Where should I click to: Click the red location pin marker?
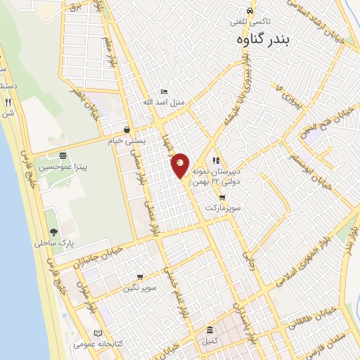click(x=181, y=165)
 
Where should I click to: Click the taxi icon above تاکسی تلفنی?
click(x=251, y=12)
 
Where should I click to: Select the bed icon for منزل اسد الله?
click(x=164, y=91)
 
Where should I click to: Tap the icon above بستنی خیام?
click(x=127, y=129)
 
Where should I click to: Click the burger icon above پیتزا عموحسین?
click(x=63, y=155)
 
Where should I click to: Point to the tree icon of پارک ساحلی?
click(x=53, y=232)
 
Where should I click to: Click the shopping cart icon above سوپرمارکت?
click(x=222, y=198)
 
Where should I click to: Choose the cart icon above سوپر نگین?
click(x=140, y=277)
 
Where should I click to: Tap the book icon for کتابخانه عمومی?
click(x=98, y=333)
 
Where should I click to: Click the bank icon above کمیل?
click(x=210, y=330)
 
